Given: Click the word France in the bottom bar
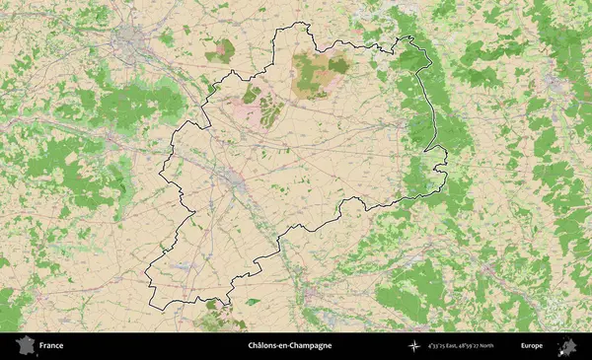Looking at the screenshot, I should (x=51, y=346).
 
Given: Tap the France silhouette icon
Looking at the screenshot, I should (x=22, y=346).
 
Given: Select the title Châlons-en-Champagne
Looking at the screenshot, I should (x=289, y=346).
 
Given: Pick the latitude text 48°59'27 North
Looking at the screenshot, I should (x=496, y=346).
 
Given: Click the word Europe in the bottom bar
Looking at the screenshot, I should (x=532, y=346).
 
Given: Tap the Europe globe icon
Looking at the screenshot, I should (x=567, y=346).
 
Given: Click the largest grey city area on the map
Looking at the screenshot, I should (x=132, y=41).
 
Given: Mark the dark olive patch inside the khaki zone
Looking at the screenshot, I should (x=338, y=66).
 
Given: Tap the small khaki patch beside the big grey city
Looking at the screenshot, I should (x=219, y=48).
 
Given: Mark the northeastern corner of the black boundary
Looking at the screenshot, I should (x=411, y=38).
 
